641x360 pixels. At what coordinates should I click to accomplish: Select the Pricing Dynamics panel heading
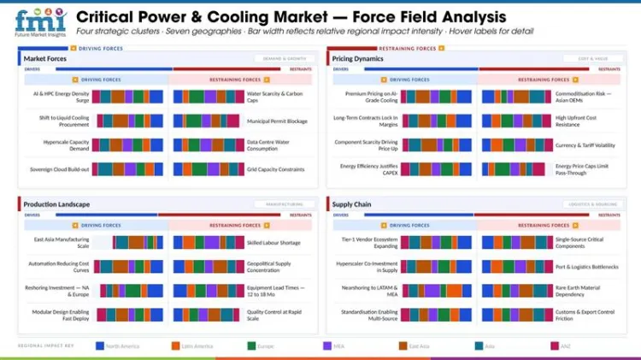click(x=358, y=59)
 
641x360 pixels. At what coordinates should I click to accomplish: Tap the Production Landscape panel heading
click(x=56, y=204)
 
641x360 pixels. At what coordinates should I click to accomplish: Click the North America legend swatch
click(x=100, y=346)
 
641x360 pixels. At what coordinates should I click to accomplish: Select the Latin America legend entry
click(x=196, y=346)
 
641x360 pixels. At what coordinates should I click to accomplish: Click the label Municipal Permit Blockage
click(x=277, y=121)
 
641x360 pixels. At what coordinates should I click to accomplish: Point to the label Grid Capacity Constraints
click(x=275, y=169)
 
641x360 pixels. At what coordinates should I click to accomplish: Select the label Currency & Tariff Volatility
click(x=585, y=145)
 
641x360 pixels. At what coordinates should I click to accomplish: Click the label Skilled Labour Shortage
click(x=273, y=243)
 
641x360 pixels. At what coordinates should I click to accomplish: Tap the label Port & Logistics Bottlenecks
click(x=586, y=267)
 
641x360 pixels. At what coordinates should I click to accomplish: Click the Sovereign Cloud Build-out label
click(x=59, y=169)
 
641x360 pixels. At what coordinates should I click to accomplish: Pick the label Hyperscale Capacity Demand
click(x=63, y=145)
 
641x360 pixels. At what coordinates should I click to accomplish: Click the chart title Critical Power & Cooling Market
click(x=291, y=17)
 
